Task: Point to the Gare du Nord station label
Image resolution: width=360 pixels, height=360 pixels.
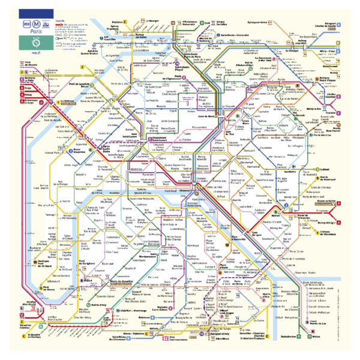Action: click(x=208, y=116)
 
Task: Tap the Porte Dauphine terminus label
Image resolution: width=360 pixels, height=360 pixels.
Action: click(x=80, y=151)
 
